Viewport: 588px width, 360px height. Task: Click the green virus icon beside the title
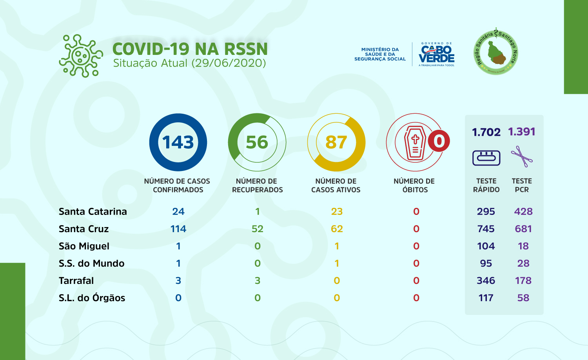pos(81,56)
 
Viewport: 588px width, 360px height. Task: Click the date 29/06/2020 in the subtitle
pos(229,63)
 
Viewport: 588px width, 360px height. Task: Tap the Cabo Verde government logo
pos(436,55)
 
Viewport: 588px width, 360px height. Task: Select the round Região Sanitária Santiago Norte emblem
pos(496,52)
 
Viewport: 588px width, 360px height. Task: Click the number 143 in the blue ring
pos(178,142)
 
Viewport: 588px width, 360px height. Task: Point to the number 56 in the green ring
pos(257,142)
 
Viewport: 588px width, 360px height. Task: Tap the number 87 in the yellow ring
pos(336,142)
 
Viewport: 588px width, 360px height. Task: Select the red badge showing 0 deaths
pos(439,141)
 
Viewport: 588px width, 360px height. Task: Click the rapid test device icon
pos(486,158)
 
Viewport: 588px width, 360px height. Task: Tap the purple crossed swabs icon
pos(522,157)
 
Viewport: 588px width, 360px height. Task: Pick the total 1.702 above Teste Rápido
pos(486,132)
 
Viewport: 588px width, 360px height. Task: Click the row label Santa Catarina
pos(93,212)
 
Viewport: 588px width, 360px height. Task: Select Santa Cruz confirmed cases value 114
pos(178,229)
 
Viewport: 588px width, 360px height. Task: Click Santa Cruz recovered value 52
pos(257,229)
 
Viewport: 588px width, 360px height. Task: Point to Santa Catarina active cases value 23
pos(337,212)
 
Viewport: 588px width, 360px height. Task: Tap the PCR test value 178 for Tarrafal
pos(523,281)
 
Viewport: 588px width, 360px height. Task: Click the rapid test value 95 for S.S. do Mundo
pos(486,264)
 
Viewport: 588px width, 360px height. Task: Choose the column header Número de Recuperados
pos(257,185)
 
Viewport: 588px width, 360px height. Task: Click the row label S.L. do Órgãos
pos(92,298)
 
